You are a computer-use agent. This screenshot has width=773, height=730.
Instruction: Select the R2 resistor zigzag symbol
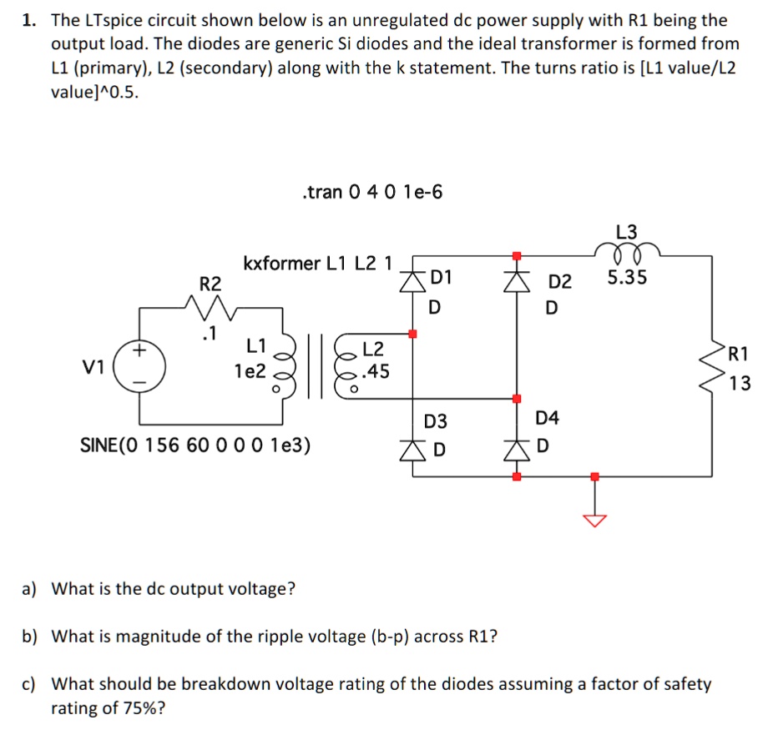205,311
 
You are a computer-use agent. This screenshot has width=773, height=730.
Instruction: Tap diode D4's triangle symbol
517,451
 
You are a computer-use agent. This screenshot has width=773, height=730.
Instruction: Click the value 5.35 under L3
626,278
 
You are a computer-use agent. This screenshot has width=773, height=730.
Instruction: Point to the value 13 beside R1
739,384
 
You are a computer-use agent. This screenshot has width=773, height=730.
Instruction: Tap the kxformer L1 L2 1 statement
317,264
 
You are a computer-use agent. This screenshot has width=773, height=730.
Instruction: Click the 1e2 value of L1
250,371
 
